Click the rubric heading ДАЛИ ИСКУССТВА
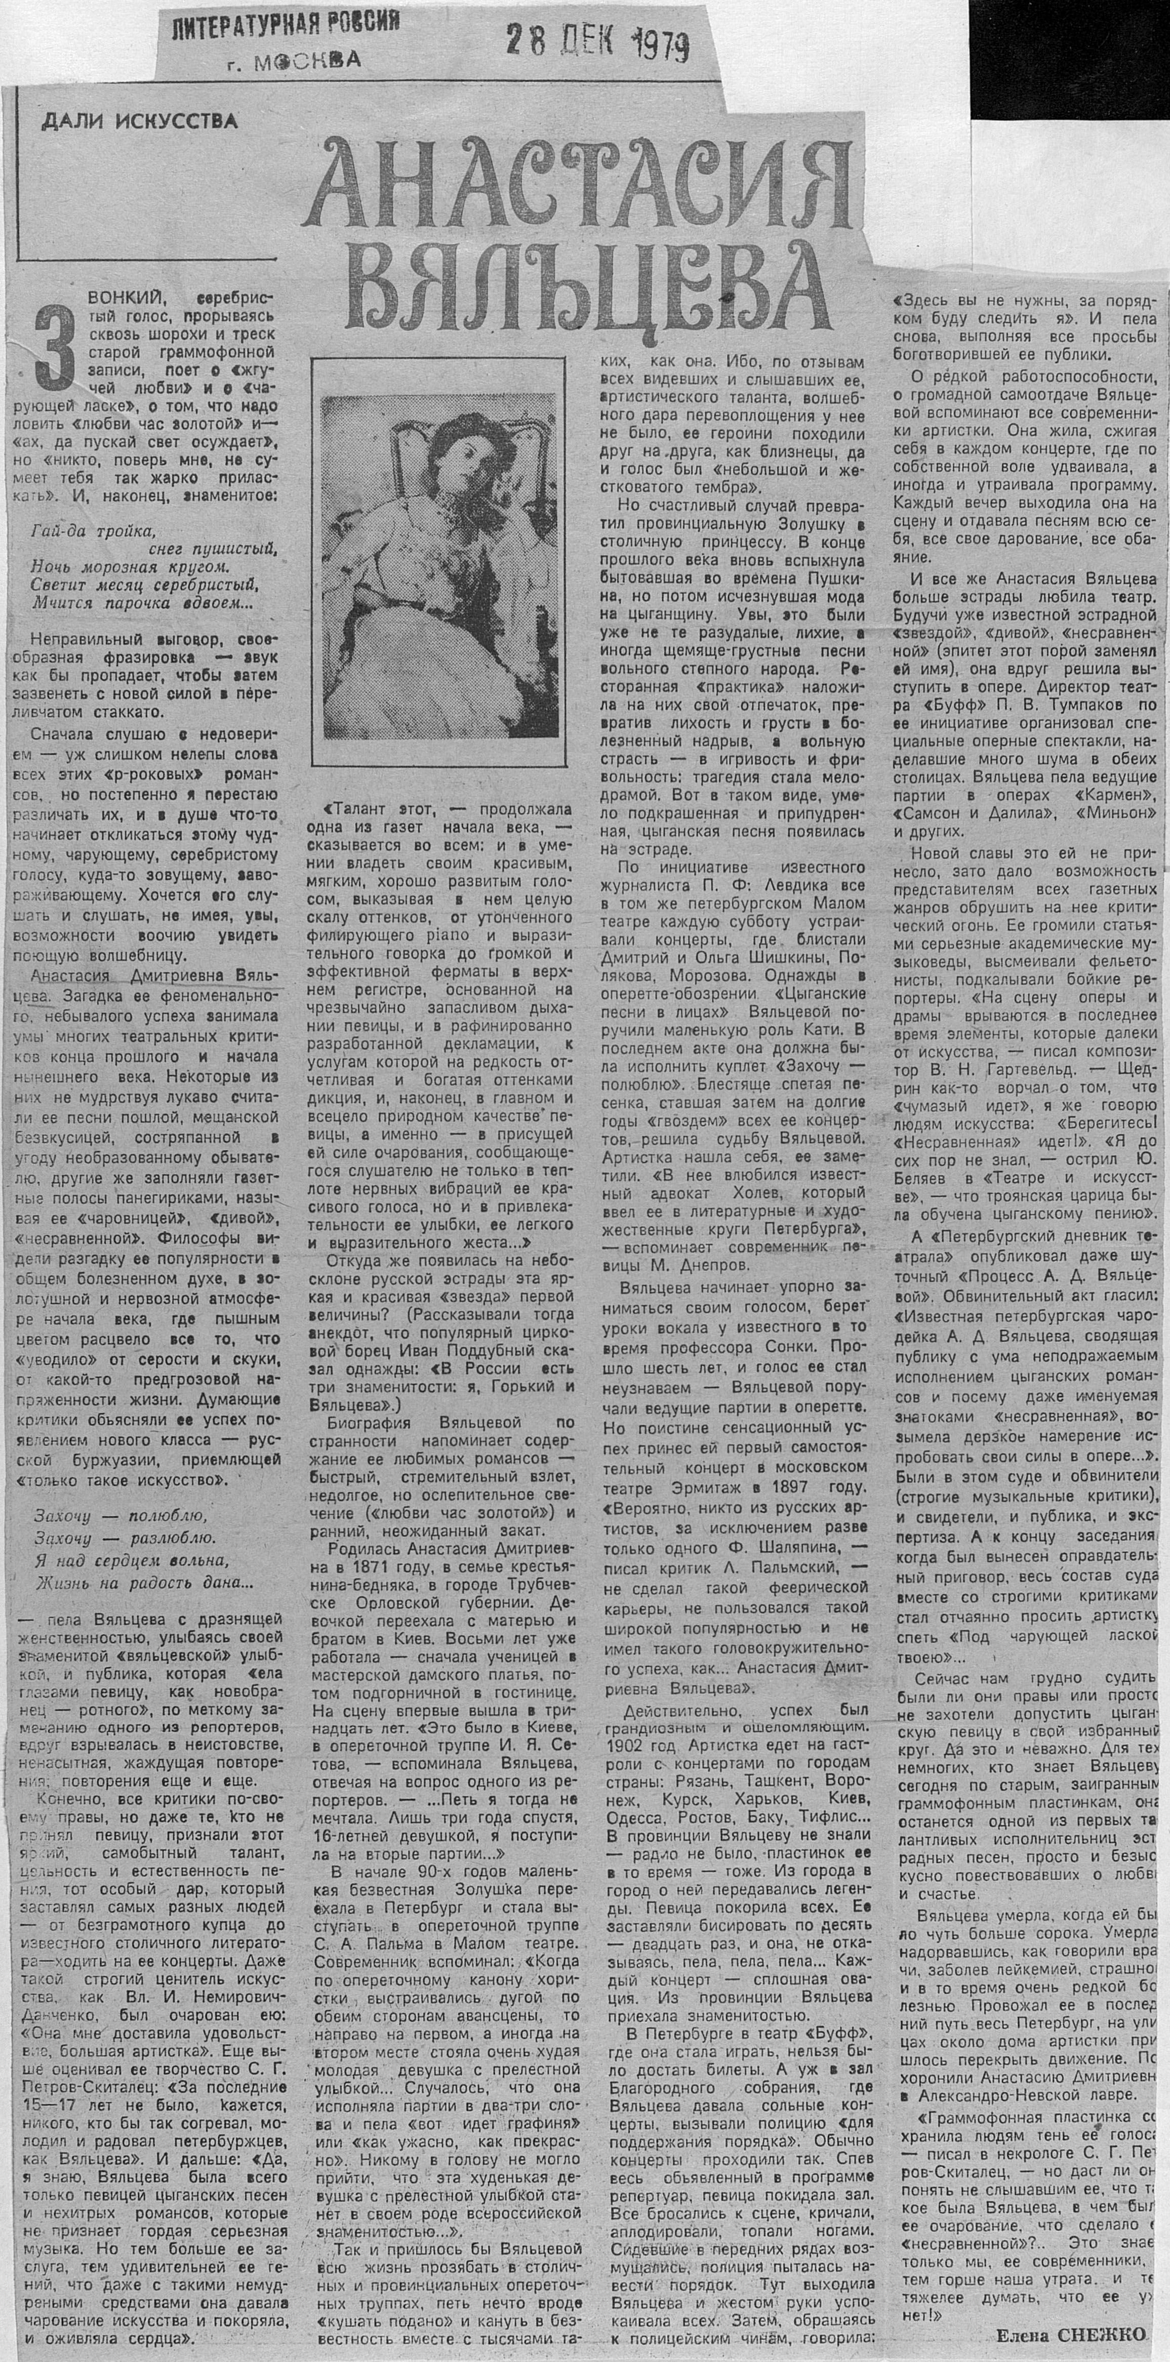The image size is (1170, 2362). click(x=139, y=120)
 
